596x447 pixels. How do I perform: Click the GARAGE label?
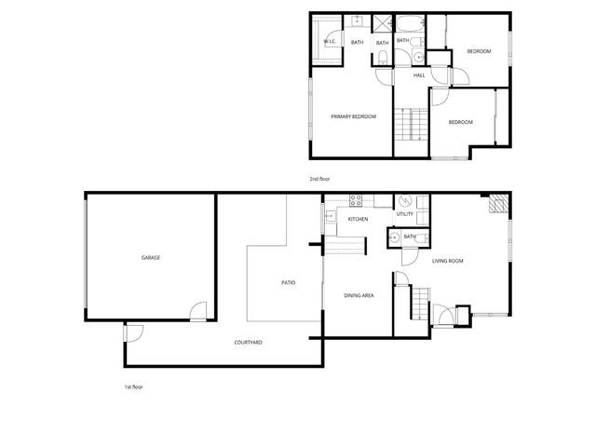coord(151,257)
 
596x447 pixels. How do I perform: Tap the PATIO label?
coord(289,282)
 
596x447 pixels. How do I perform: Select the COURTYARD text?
coord(248,343)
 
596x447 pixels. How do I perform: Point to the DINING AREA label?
coord(359,295)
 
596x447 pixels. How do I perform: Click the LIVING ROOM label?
coord(448,261)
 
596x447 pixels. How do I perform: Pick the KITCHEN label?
coord(358,219)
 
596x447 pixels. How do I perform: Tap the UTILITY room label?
coord(404,214)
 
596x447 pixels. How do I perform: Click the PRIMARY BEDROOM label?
coord(354,116)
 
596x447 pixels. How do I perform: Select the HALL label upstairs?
coord(419,75)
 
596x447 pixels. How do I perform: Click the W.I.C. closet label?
coord(330,42)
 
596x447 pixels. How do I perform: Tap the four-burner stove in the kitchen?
coord(355,199)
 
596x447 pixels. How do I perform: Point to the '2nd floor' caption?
coord(320,178)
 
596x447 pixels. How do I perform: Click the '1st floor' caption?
coord(133,386)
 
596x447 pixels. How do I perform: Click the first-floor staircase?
coord(421,302)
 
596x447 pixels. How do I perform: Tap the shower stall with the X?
coord(383,24)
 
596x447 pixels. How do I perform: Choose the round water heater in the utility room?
coord(404,201)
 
